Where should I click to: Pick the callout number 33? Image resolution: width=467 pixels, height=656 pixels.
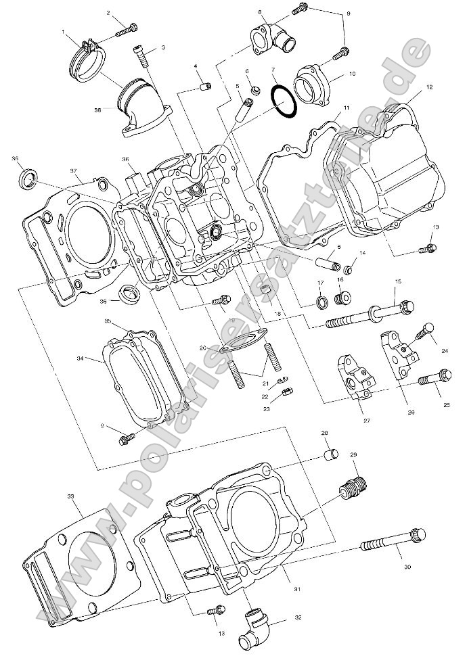71,497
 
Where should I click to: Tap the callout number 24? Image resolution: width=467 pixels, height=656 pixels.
445,351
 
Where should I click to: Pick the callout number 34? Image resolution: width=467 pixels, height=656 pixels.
81,358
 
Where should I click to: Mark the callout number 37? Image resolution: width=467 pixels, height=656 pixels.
74,171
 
